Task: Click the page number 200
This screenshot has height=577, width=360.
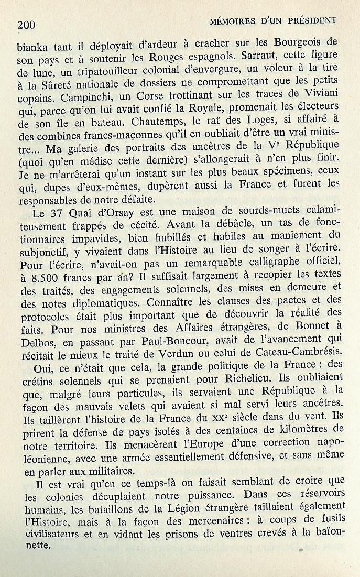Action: click(26, 24)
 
